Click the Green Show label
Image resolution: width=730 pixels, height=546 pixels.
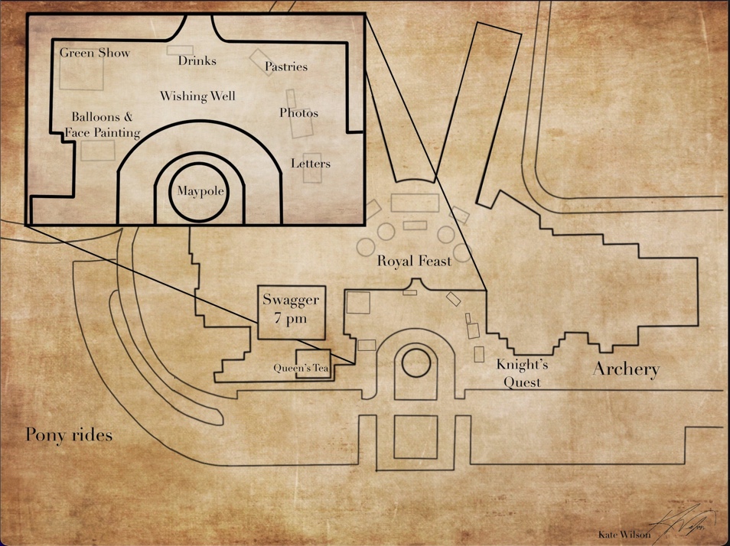(x=95, y=54)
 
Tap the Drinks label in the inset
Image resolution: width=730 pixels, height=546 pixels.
(x=197, y=60)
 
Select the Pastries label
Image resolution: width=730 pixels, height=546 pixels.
(x=286, y=67)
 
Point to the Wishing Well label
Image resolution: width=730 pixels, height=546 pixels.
(x=197, y=96)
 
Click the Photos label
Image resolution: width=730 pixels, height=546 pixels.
(x=298, y=113)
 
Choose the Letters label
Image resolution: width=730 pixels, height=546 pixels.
(x=311, y=164)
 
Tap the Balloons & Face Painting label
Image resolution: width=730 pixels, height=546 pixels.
(x=103, y=125)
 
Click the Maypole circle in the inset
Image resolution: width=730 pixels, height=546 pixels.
(x=200, y=190)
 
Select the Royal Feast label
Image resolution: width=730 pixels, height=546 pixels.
(x=414, y=262)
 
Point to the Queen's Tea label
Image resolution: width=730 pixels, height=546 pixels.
(x=301, y=368)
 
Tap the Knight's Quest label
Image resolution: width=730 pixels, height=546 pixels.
(x=523, y=373)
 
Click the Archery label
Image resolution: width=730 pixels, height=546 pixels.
(x=626, y=370)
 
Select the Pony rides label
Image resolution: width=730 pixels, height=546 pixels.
(x=69, y=435)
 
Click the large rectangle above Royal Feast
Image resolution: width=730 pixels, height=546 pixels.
(x=414, y=203)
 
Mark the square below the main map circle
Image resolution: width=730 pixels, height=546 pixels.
(x=416, y=437)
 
